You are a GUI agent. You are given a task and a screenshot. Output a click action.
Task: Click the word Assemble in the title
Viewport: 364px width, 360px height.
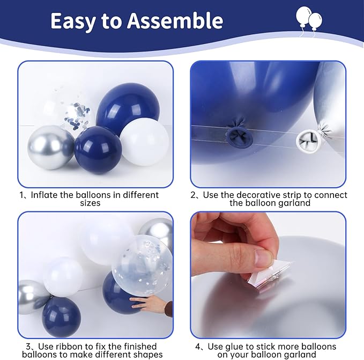tap(175, 21)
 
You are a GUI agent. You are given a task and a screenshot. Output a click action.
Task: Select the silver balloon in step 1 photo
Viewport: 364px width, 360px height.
tap(50, 147)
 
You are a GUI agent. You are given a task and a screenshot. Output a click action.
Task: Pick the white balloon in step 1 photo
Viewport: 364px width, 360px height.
tap(144, 142)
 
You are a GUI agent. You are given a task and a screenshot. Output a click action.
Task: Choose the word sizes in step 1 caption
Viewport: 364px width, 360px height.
tap(90, 203)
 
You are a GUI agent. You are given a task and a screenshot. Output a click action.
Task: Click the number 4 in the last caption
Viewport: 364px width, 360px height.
tap(198, 347)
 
